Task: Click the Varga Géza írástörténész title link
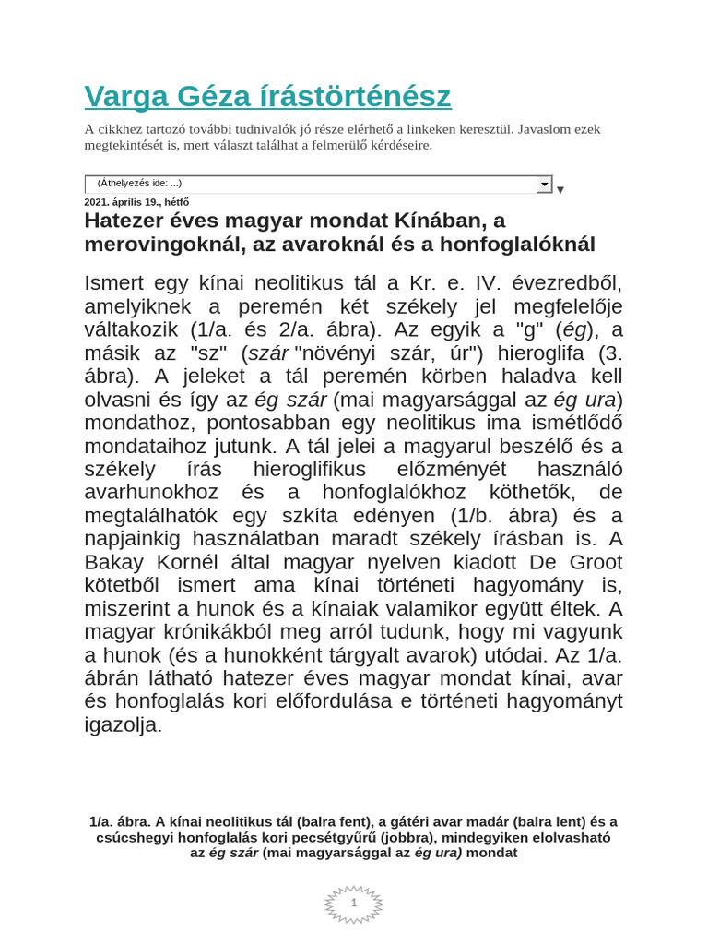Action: (x=267, y=96)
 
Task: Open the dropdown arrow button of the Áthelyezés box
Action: (x=544, y=185)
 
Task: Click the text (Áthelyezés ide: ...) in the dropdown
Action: (x=139, y=184)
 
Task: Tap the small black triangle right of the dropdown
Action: (x=560, y=190)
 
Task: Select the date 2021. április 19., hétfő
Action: (x=136, y=202)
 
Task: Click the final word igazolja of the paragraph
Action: (x=123, y=724)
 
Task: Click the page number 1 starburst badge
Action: (x=353, y=903)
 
